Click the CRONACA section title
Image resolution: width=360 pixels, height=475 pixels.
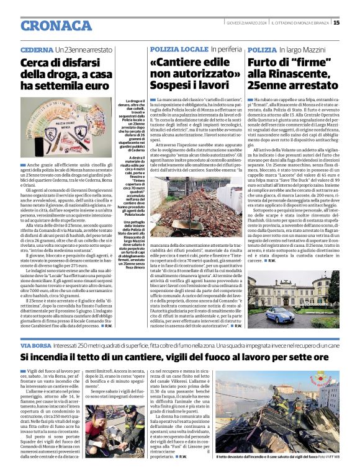click(x=56, y=25)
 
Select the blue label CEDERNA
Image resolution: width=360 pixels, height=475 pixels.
click(x=37, y=48)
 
